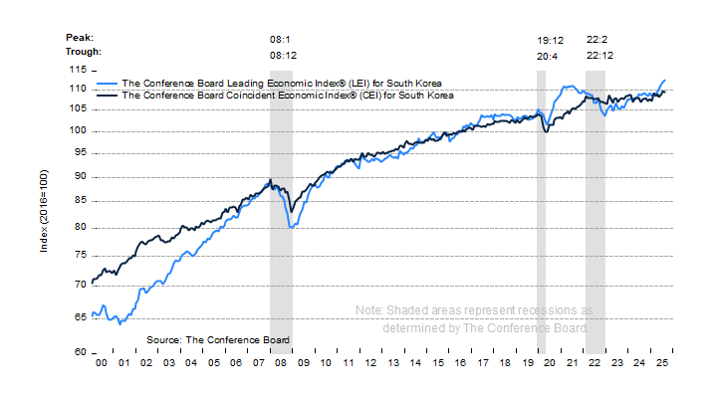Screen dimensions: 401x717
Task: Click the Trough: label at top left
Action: [84, 53]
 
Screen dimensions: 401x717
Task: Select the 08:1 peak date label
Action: [281, 39]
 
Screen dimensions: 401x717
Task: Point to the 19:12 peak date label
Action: [551, 39]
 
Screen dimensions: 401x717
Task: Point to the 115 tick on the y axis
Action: [78, 70]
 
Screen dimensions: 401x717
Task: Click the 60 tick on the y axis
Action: [78, 352]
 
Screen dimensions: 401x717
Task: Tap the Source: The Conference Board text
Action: [218, 339]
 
